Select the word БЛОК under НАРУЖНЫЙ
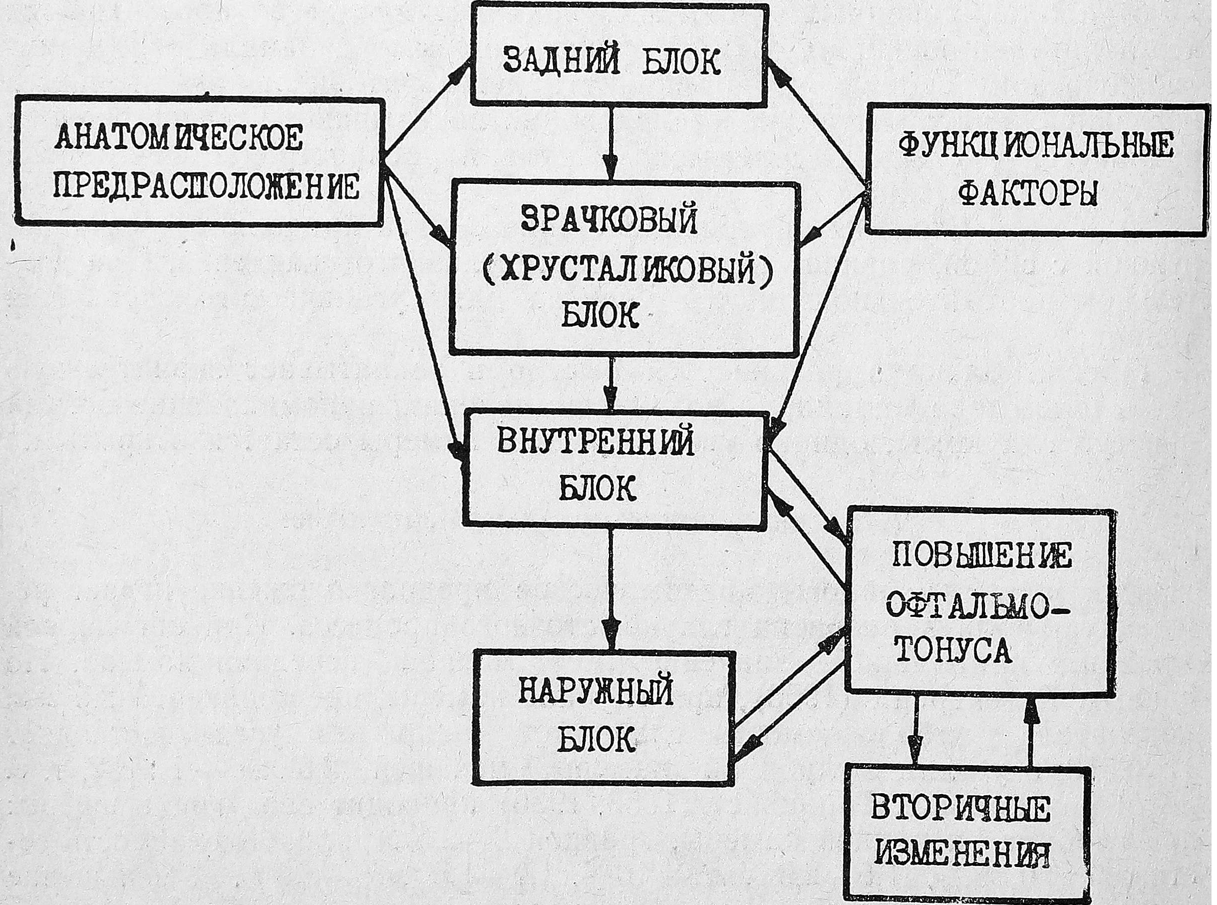click(x=596, y=741)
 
